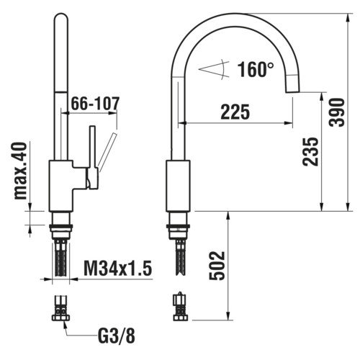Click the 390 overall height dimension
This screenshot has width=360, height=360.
(337, 112)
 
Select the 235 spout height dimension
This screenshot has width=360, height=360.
(310, 152)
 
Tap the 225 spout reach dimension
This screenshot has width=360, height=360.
(235, 112)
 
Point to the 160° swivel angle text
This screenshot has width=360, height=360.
(256, 69)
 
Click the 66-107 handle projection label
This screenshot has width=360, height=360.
(95, 104)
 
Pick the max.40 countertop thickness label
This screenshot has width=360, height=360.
(20, 171)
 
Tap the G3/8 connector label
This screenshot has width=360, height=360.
(117, 336)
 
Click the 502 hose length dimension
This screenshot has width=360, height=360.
(217, 266)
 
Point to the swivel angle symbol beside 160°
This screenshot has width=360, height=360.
(214, 69)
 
